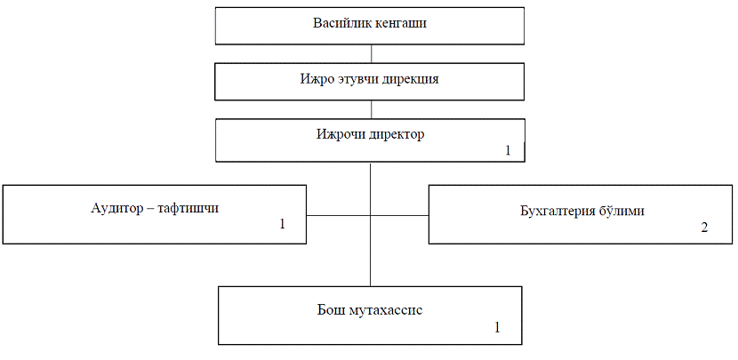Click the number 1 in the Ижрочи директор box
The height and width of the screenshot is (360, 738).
coord(508,150)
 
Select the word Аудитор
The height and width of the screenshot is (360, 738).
coord(116,209)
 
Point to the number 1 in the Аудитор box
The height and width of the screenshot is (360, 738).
coord(283,224)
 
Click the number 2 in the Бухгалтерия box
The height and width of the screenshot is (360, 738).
coord(704,228)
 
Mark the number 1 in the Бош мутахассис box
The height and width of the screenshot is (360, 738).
coord(497,327)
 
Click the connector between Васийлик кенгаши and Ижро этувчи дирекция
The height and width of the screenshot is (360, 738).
coord(372,53)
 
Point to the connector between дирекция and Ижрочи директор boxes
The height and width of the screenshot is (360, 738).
coord(372,109)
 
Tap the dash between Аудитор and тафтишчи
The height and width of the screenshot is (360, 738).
coord(149,210)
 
